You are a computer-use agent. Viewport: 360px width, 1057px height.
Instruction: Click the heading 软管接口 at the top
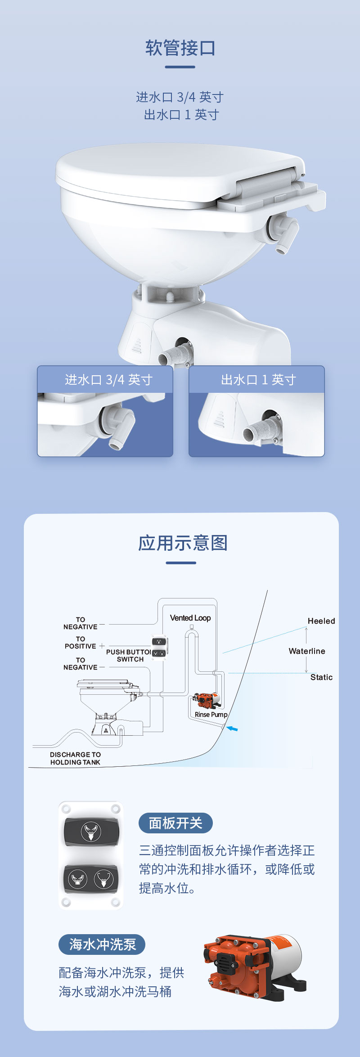point(180,48)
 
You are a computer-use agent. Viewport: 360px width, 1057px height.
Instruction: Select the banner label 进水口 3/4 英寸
point(108,380)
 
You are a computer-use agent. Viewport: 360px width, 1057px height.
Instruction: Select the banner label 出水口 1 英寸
point(258,380)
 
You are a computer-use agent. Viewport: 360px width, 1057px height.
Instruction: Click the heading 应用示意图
point(182,543)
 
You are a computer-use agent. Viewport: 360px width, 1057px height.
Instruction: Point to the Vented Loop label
point(190,618)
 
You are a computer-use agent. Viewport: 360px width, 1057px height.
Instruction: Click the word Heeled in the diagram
point(321,621)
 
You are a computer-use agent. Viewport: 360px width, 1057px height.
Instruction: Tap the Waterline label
point(306,651)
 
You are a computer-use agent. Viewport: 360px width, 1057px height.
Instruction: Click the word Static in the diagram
point(321,677)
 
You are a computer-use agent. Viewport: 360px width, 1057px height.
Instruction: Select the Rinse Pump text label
point(211,715)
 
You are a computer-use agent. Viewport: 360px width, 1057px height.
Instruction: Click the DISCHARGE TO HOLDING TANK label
point(75,758)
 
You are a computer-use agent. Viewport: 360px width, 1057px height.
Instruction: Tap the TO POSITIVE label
point(80,643)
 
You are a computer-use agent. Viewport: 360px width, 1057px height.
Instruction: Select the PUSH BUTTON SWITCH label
point(129,656)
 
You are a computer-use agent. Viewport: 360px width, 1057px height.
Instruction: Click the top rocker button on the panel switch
point(91,832)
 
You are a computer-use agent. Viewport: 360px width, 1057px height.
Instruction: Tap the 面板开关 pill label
point(175,823)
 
